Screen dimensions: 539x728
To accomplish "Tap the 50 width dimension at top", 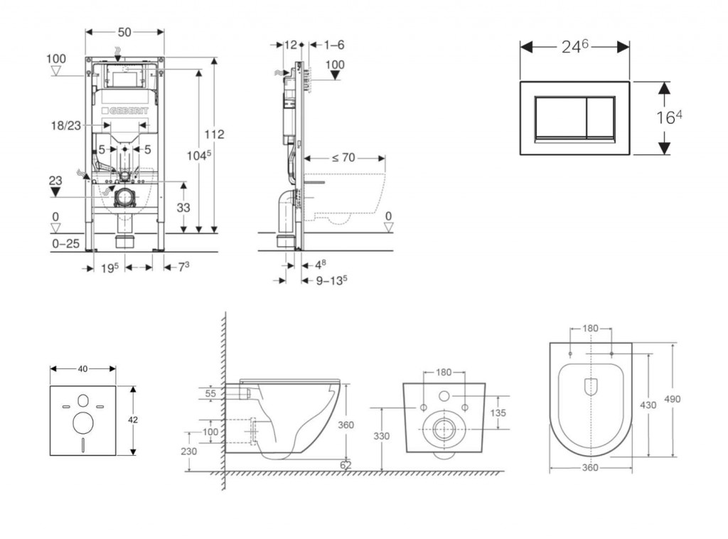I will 124,32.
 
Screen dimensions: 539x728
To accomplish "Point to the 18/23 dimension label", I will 65,124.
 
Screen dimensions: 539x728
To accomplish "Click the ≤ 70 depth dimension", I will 343,158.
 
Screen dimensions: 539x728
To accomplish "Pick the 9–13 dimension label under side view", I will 331,279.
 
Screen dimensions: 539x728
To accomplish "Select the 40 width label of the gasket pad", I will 82,368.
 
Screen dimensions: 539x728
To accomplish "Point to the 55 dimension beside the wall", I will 211,393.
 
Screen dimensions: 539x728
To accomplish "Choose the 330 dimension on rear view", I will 382,437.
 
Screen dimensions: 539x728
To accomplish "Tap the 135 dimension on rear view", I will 499,412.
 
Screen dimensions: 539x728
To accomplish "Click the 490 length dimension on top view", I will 673,400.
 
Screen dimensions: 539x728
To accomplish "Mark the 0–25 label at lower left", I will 65,243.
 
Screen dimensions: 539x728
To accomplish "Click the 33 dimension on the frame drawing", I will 184,207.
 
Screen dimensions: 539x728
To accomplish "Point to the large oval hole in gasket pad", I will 83,424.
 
